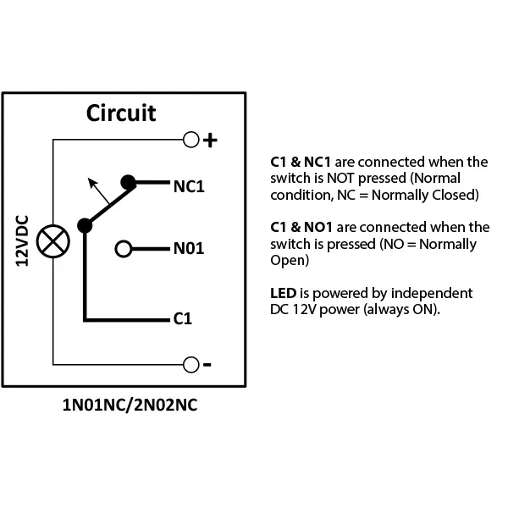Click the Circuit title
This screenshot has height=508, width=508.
[121, 113]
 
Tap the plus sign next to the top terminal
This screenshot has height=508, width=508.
[210, 140]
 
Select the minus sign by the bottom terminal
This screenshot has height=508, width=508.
[207, 366]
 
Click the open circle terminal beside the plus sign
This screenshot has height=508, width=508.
[190, 139]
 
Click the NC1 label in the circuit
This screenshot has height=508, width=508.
[189, 185]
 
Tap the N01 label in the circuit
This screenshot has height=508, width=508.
[189, 250]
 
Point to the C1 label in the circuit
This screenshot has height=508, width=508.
[182, 319]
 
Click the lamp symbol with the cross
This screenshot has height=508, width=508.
[52, 240]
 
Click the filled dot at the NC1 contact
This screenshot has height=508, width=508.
[128, 181]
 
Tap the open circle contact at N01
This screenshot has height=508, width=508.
[124, 249]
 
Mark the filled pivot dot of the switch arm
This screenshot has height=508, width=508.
[85, 226]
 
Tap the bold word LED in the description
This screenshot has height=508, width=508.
[283, 293]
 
